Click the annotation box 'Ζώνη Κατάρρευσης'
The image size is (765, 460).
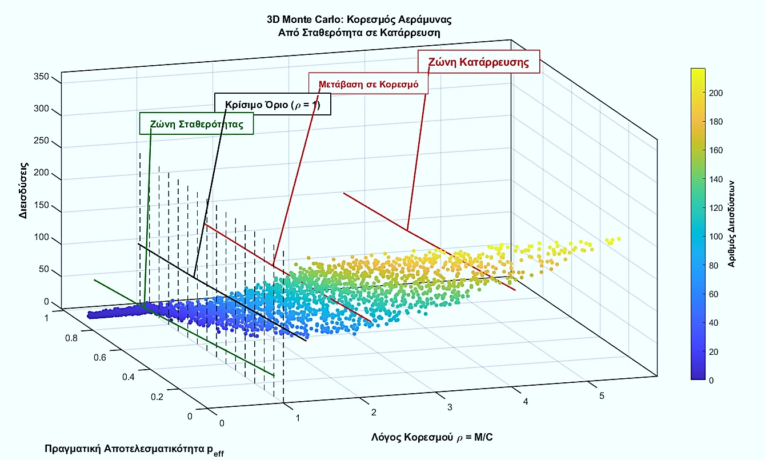coord(479,62)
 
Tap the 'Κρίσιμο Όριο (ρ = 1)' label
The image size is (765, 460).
coord(273,105)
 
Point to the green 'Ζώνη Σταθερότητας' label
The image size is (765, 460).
coord(197,124)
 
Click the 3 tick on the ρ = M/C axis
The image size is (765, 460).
coord(450,407)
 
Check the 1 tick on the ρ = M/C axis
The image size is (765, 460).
coord(297,418)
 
